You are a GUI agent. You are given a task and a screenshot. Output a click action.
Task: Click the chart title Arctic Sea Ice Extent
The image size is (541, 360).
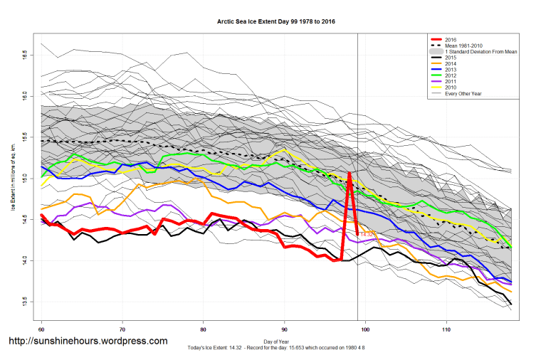coord(276,22)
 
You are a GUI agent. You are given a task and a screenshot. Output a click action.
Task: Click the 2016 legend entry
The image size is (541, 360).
coord(450,41)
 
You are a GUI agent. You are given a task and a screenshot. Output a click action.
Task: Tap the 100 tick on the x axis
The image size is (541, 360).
coord(366,330)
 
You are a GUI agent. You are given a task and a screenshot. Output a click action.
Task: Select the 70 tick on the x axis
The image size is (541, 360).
coord(122,330)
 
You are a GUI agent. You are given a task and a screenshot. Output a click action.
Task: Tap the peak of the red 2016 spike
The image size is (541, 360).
coord(350,173)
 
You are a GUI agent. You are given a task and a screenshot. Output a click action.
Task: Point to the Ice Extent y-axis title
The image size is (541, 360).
coord(13,178)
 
